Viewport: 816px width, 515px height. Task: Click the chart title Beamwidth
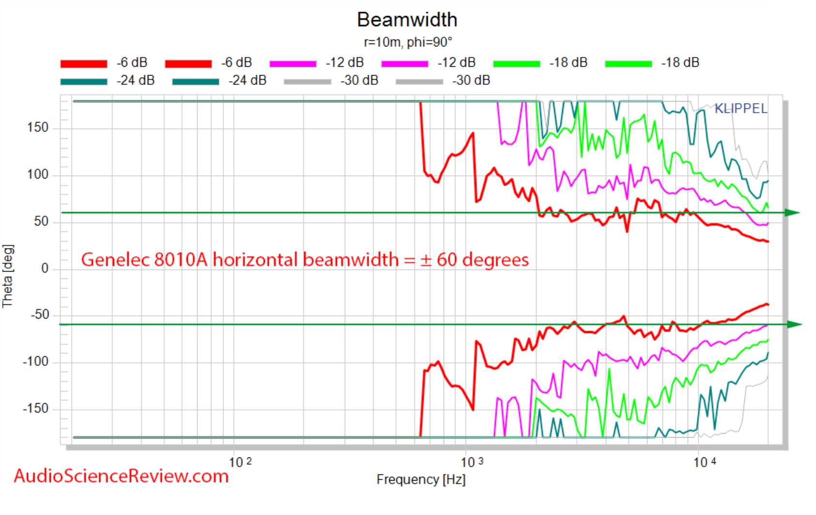coord(407,20)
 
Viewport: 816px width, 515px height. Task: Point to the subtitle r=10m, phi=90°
coord(408,43)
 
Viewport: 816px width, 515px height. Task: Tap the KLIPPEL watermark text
coord(741,108)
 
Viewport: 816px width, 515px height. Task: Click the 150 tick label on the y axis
coord(38,128)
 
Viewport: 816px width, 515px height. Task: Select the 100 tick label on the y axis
coord(38,175)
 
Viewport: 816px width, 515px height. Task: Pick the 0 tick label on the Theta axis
coord(45,269)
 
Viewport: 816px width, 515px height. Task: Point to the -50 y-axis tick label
coord(40,315)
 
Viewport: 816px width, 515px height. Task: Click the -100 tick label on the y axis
coord(36,362)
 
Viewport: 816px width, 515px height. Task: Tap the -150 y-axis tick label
coord(36,409)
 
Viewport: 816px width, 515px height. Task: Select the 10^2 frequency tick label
coord(240,462)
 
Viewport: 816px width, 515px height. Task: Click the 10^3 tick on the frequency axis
coord(472,462)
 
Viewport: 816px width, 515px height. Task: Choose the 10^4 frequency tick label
coord(704,462)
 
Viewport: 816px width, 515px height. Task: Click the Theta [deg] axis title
coord(8,276)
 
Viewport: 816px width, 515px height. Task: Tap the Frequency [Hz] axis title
coord(421,480)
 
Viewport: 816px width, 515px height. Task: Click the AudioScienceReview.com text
coord(121,476)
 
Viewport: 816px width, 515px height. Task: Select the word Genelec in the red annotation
coord(115,260)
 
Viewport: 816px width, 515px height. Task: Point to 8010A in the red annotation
coord(181,260)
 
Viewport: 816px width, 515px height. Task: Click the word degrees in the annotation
coord(495,260)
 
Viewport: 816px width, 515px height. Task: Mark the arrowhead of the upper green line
coord(792,212)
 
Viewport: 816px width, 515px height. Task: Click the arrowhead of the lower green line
coord(794,324)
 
